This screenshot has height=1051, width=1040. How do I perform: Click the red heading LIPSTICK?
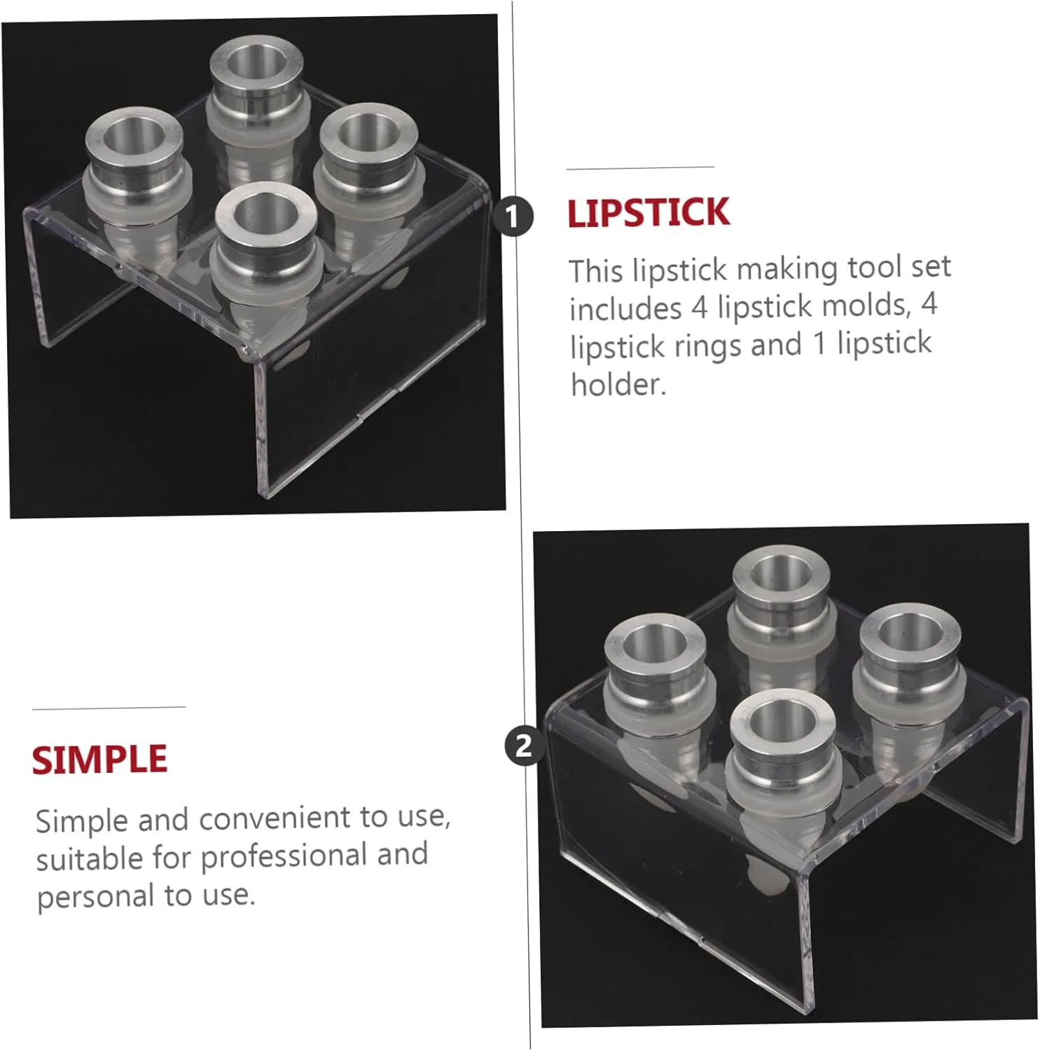click(649, 213)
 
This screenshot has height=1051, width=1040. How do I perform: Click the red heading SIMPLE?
click(99, 760)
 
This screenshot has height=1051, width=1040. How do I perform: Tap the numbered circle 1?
click(513, 216)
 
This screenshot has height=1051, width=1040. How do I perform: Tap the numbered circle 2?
click(525, 745)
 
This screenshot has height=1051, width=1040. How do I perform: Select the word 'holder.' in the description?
click(618, 385)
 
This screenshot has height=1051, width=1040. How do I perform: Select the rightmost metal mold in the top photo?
click(366, 165)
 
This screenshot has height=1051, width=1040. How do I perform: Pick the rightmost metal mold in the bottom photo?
click(908, 669)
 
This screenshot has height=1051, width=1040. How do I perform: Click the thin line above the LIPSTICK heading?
click(640, 167)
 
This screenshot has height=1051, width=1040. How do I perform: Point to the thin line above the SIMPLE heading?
click(109, 708)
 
